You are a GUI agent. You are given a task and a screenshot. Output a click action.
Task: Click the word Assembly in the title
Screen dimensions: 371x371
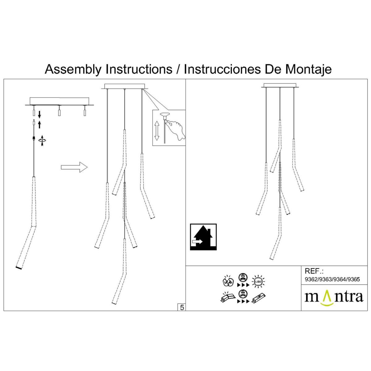pos(73,69)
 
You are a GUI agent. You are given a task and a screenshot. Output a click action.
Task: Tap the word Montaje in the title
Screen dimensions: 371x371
pos(308,69)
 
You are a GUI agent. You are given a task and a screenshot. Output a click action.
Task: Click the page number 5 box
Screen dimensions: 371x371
pos(182,307)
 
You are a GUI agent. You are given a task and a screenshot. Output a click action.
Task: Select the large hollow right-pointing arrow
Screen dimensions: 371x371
pos(74,167)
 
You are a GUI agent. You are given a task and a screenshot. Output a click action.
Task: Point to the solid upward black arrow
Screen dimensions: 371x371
pos(40,125)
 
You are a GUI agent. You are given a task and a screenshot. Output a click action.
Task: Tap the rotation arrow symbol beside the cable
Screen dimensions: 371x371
pos(42,141)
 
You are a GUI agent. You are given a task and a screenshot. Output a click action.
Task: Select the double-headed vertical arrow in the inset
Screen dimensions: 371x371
pos(157,130)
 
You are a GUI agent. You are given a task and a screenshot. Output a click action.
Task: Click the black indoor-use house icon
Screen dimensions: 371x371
pos(203,237)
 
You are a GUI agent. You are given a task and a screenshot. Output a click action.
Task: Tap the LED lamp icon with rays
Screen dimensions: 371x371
pos(258,281)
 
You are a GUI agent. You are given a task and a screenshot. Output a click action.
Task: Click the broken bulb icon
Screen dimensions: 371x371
pos(228,281)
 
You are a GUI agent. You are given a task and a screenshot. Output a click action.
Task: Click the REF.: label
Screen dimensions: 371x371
pos(314,271)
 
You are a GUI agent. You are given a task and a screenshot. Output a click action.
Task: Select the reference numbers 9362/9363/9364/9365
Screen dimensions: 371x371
pos(332,279)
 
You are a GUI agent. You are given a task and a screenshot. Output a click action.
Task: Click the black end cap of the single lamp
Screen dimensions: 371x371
pos(19,268)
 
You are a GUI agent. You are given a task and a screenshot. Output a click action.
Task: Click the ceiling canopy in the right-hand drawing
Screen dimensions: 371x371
pos(280,86)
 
